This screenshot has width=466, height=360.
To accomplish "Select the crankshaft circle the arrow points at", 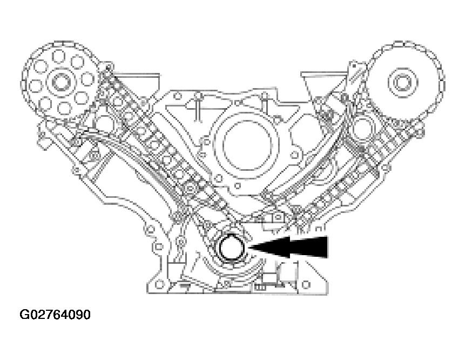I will click(231, 249).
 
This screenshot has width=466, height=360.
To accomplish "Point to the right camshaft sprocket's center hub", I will click(401, 83).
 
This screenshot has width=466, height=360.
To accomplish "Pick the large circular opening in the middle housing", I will click(238, 145).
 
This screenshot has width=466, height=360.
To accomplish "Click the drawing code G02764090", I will click(55, 314).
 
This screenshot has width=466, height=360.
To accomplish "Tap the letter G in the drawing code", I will click(24, 314).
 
